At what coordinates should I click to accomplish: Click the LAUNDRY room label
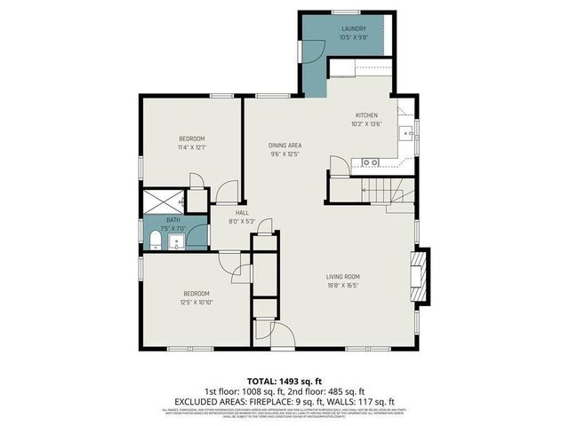point(353,28)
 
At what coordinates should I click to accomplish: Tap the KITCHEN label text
point(367,115)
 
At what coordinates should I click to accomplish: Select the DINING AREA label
point(285,145)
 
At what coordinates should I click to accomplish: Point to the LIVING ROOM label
point(342,276)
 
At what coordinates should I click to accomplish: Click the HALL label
point(241,213)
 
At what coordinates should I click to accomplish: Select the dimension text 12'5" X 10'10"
point(197,302)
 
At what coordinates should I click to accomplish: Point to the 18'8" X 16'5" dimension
point(342,285)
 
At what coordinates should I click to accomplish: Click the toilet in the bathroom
point(153,241)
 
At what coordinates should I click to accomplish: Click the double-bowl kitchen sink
point(371,162)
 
